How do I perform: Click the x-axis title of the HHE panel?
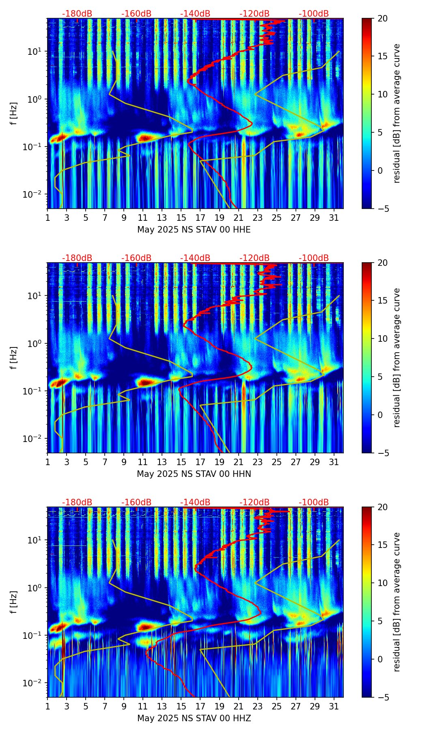[194, 230]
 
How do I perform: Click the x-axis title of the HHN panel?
[194, 474]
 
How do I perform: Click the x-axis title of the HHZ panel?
[194, 718]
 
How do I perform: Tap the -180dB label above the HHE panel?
[77, 14]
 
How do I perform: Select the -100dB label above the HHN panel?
[314, 258]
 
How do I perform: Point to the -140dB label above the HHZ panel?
[195, 502]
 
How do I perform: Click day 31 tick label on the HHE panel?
[334, 218]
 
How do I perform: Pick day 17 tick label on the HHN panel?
[200, 462]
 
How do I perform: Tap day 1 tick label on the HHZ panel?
[47, 707]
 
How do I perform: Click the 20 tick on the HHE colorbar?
[382, 18]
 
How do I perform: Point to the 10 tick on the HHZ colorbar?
[382, 583]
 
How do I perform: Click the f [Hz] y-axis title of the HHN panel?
[14, 358]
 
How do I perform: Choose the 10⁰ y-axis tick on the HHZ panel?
[31, 588]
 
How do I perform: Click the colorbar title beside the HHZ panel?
[397, 602]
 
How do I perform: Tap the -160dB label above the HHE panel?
[136, 14]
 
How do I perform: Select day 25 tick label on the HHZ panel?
[276, 707]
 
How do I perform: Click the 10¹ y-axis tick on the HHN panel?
[31, 295]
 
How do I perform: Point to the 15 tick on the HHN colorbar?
[382, 300]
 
